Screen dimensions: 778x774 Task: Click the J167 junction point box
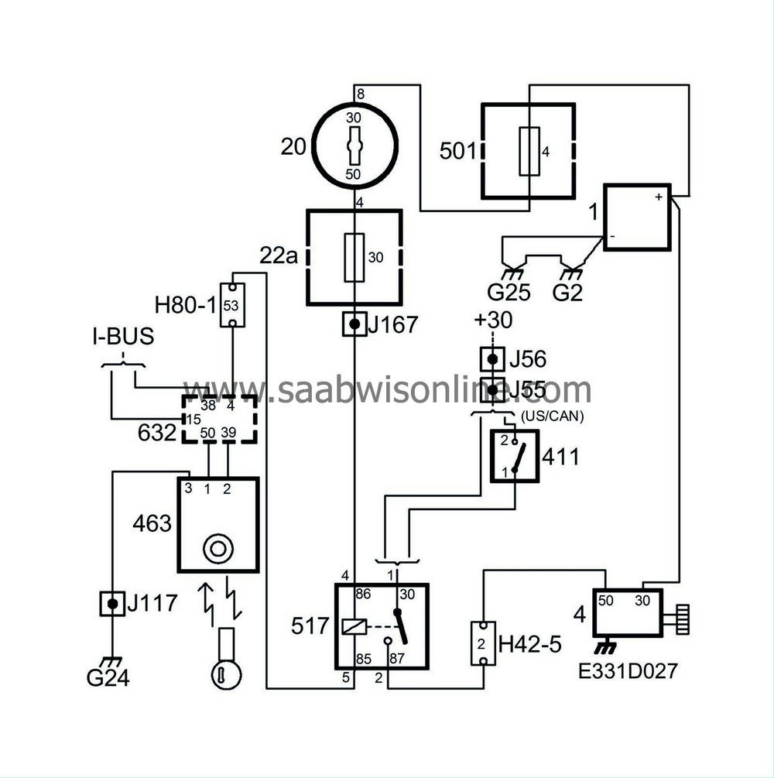pyautogui.click(x=354, y=324)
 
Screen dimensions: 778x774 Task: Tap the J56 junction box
pyautogui.click(x=492, y=359)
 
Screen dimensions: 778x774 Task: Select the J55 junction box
pyautogui.click(x=492, y=387)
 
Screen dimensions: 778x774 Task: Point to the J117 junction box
pyautogui.click(x=113, y=603)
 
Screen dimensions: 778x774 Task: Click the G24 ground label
pyautogui.click(x=108, y=679)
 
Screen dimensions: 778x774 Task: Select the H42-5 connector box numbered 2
pyautogui.click(x=484, y=643)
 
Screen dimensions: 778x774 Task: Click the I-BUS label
pyautogui.click(x=122, y=338)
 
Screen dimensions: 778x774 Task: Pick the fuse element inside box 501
pyautogui.click(x=529, y=152)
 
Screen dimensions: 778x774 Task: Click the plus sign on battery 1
pyautogui.click(x=658, y=197)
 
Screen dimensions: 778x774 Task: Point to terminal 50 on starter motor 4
pyautogui.click(x=606, y=601)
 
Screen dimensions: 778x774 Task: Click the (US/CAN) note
pyautogui.click(x=551, y=416)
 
